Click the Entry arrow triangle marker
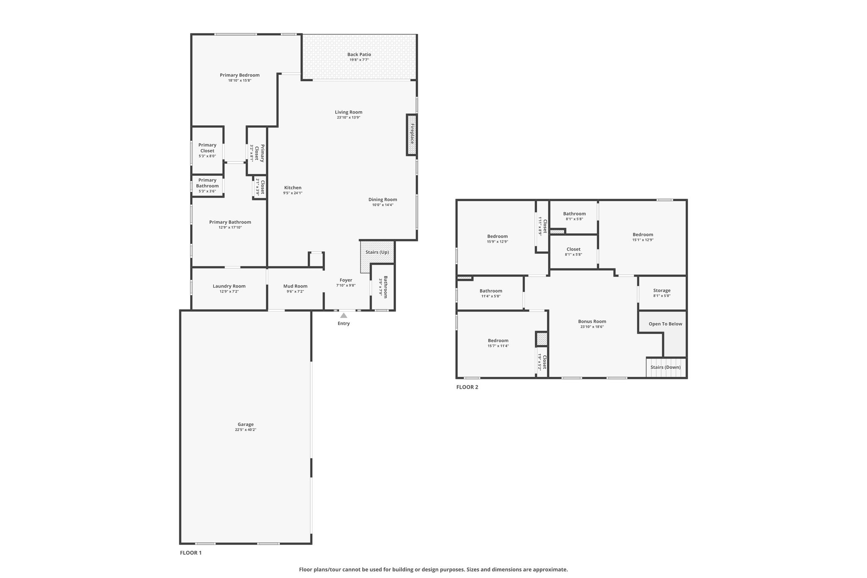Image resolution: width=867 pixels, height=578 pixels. tap(344, 315)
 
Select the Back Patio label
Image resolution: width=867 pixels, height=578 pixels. tap(359, 54)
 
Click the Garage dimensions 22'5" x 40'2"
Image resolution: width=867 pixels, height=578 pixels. tap(246, 430)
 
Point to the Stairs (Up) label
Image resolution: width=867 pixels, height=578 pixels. tap(377, 252)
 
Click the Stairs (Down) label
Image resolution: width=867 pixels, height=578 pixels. tap(665, 367)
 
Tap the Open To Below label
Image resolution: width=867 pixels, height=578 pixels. tap(665, 324)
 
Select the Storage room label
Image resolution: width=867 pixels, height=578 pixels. tap(662, 290)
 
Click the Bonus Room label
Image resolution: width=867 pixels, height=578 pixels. tap(592, 321)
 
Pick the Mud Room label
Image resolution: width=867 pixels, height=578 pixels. tap(295, 286)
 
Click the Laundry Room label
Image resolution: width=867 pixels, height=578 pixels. tap(229, 286)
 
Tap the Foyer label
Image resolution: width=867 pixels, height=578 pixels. tap(346, 280)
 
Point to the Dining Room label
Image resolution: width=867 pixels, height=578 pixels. tap(383, 199)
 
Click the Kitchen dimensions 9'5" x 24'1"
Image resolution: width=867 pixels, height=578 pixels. tap(293, 193)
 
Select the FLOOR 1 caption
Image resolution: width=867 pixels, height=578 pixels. tap(191, 553)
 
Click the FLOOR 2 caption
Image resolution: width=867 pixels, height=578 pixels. tap(467, 387)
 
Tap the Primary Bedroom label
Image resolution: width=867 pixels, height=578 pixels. tap(240, 75)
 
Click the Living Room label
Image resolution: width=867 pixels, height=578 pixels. tap(348, 112)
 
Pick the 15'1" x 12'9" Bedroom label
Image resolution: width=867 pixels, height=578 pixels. tap(643, 235)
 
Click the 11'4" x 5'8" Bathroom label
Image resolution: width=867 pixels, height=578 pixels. tap(491, 291)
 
